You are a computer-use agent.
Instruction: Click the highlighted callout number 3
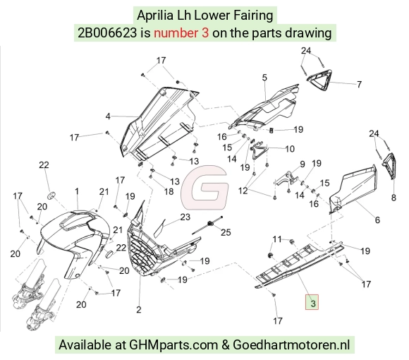pyautogui.click(x=312, y=302)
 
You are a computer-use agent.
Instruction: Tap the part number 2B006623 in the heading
pyautogui.click(x=107, y=33)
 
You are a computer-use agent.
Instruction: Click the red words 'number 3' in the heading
pyautogui.click(x=181, y=33)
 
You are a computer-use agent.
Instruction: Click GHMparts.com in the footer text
pyautogui.click(x=173, y=345)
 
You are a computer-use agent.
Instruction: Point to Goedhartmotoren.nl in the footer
pyautogui.click(x=291, y=344)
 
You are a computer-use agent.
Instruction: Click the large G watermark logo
pyautogui.click(x=205, y=188)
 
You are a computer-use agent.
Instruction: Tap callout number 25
pyautogui.click(x=226, y=232)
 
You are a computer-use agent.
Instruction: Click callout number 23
pyautogui.click(x=185, y=217)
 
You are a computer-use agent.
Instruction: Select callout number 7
pyautogui.click(x=360, y=84)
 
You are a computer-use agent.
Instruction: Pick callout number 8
pyautogui.click(x=393, y=198)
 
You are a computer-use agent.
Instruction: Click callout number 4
pyautogui.click(x=108, y=116)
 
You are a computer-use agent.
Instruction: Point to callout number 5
pyautogui.click(x=264, y=78)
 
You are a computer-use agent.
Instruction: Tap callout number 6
pyautogui.click(x=377, y=220)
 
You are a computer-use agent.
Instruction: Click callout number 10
pyautogui.click(x=290, y=149)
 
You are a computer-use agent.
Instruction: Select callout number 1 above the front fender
pyautogui.click(x=77, y=191)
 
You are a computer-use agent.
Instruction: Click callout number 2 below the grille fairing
pyautogui.click(x=139, y=310)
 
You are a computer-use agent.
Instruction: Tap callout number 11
pyautogui.click(x=277, y=239)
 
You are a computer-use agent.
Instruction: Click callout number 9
pyautogui.click(x=303, y=164)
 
